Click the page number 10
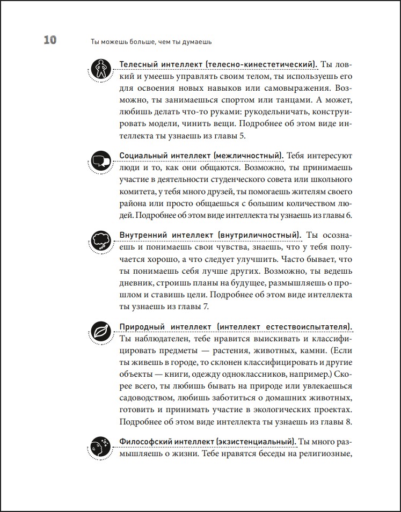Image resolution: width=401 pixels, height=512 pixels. [47, 41]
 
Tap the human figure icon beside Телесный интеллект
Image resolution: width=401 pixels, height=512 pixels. [100, 68]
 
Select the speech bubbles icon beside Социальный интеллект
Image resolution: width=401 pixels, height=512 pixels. [100, 160]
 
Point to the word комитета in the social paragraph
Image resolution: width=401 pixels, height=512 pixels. [138, 192]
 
